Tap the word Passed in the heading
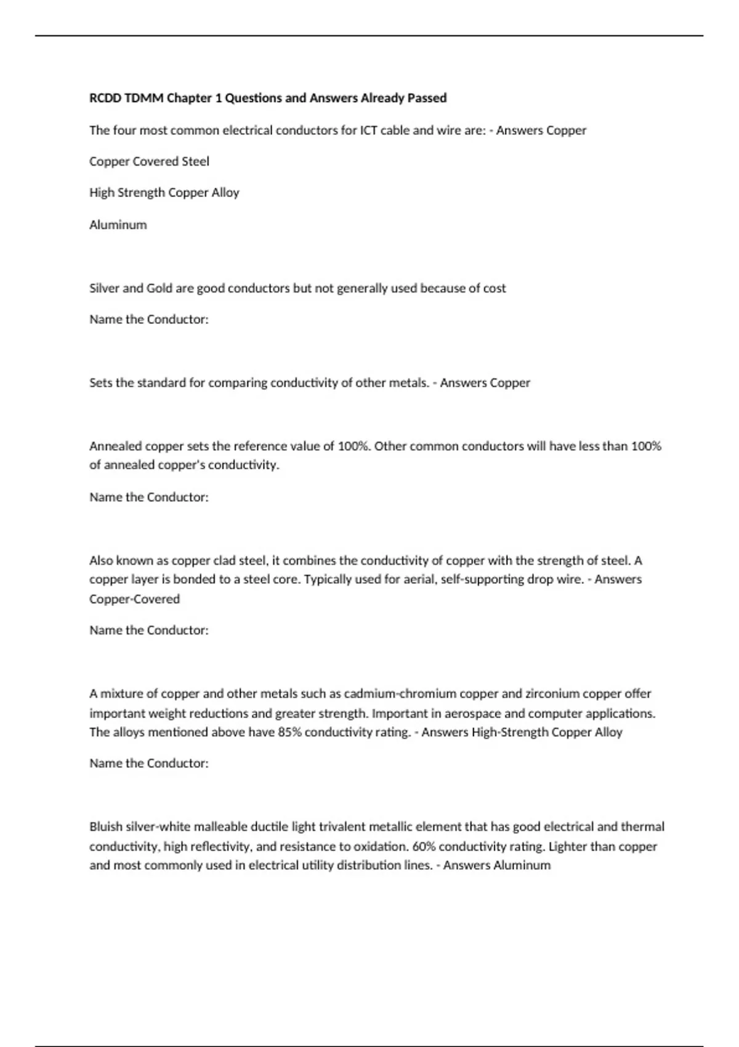click(x=427, y=98)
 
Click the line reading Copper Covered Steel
click(x=149, y=161)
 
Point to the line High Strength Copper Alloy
click(x=164, y=193)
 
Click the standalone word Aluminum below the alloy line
click(x=118, y=225)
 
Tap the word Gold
click(x=159, y=288)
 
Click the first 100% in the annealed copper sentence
click(x=353, y=446)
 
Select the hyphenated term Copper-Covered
click(x=134, y=599)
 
